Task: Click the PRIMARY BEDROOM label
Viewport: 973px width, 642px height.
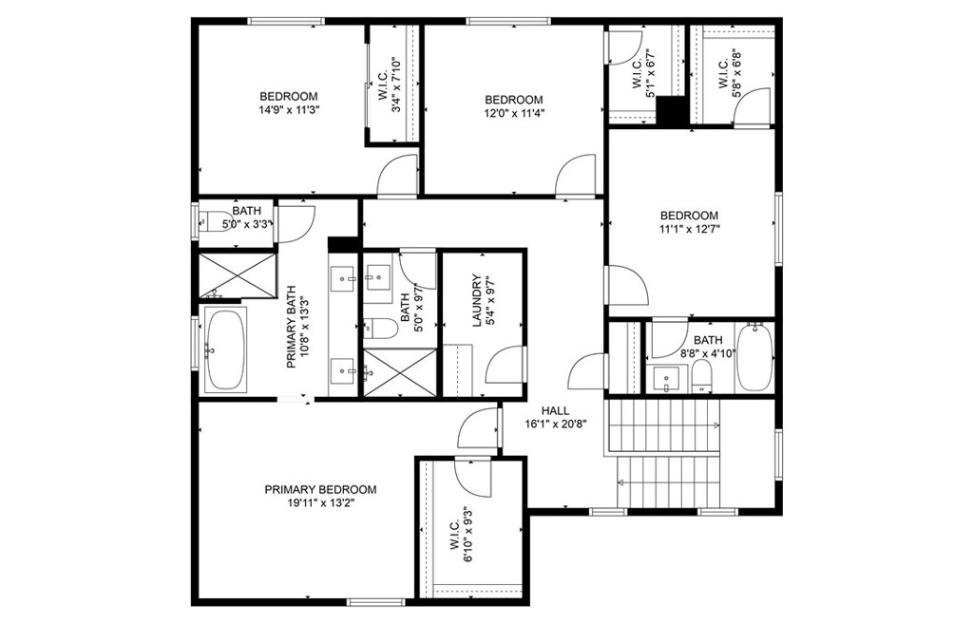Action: [x=320, y=489]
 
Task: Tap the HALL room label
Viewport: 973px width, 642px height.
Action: [x=555, y=410]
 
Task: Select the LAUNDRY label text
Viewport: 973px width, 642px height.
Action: [x=477, y=300]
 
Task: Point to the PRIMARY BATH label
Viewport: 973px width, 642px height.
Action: [x=291, y=327]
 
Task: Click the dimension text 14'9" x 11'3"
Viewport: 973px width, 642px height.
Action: [x=289, y=110]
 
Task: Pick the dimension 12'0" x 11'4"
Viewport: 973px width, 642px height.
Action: [x=514, y=113]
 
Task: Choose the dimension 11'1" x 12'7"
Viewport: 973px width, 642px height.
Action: [x=689, y=229]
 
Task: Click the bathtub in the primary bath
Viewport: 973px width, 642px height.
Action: [x=225, y=349]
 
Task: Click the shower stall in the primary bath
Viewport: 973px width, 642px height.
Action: [x=237, y=274]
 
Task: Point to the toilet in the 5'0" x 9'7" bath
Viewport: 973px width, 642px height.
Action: [x=379, y=329]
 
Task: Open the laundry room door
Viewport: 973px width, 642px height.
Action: [x=506, y=364]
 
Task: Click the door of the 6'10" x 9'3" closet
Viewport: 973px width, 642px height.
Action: [x=473, y=476]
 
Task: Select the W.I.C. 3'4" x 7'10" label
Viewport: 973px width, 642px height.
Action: [x=389, y=85]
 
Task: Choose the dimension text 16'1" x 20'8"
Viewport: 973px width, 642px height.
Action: [x=555, y=425]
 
